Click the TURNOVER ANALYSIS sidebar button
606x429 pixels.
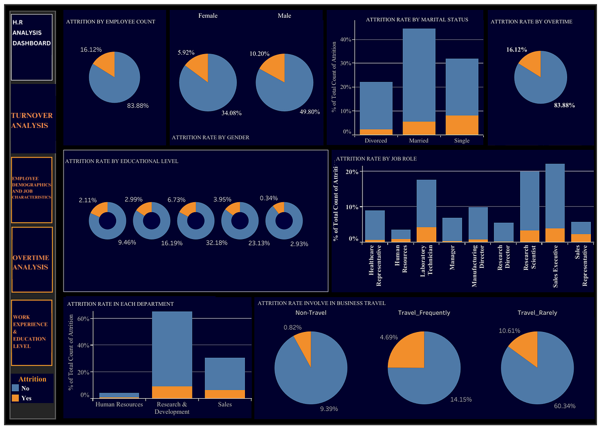[32, 120]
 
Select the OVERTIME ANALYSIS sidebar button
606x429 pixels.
[31, 262]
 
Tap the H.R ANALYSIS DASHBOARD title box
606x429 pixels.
[32, 46]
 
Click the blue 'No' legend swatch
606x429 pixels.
[16, 388]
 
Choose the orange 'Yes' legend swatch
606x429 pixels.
[16, 398]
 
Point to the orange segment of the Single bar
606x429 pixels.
[462, 125]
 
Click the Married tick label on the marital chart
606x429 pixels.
[419, 140]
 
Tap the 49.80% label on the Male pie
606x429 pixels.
[310, 112]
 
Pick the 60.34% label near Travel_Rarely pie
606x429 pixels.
[565, 406]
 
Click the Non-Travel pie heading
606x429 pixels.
[311, 313]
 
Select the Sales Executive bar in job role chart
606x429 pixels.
[555, 202]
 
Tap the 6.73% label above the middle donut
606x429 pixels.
[189, 200]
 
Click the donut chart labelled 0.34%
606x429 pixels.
[284, 221]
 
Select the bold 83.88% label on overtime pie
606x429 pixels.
[564, 105]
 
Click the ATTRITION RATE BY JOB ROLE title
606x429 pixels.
[376, 159]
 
